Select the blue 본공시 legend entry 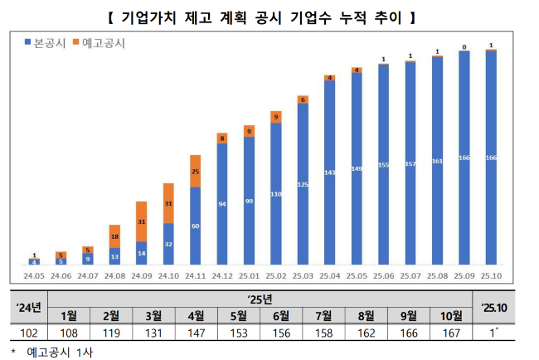coord(43,42)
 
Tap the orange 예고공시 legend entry coord(98,42)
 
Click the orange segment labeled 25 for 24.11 coord(196,171)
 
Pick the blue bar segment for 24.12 coord(222,204)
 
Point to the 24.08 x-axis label coord(115,275)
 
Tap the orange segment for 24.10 coord(168,203)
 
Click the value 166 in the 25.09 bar coord(465,158)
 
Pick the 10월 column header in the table coord(450,315)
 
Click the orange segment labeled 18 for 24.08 coord(115,236)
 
